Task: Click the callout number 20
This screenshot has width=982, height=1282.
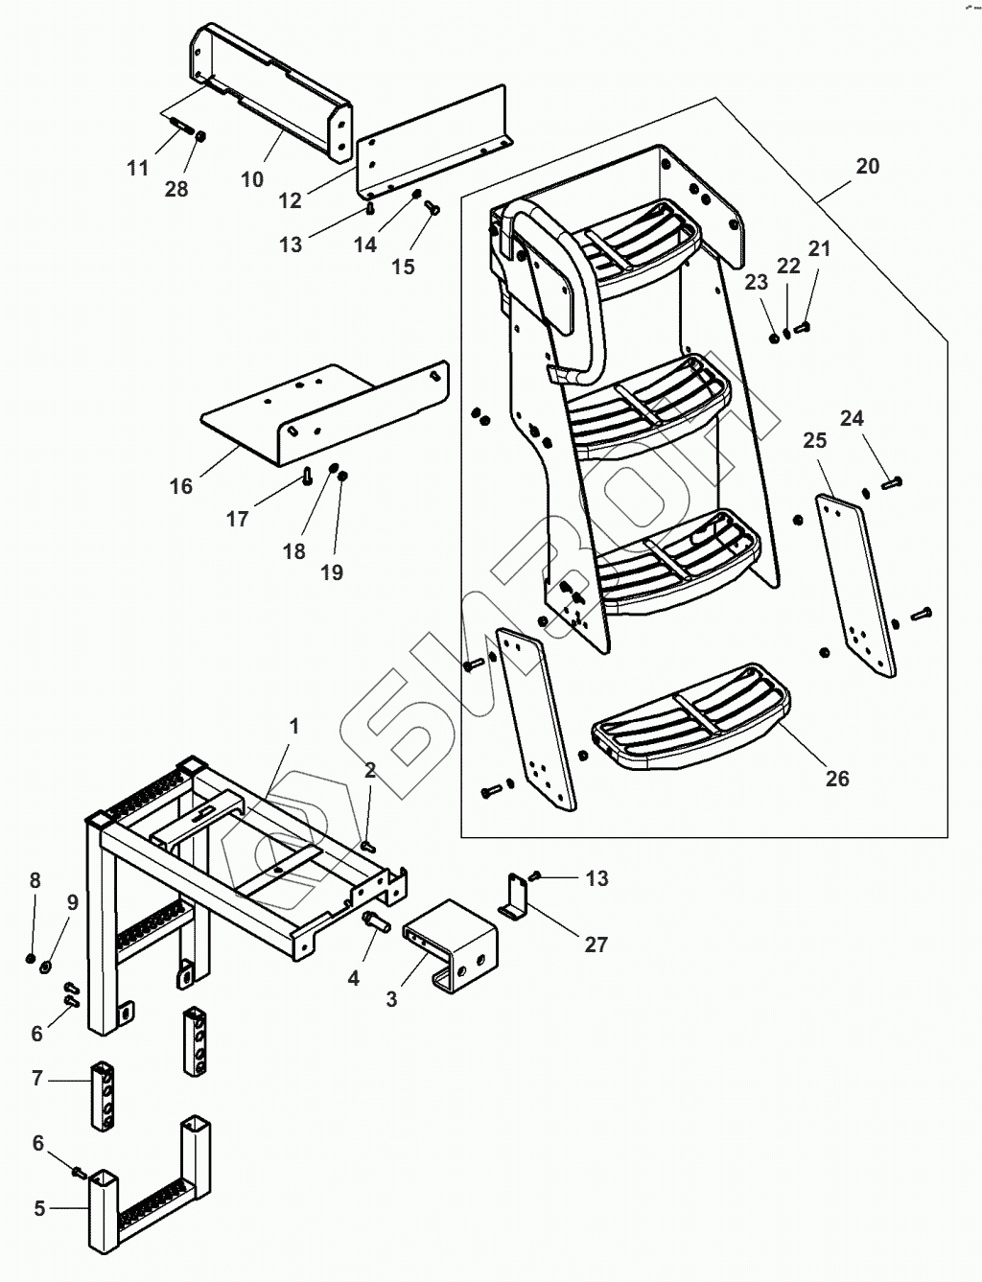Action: point(867,166)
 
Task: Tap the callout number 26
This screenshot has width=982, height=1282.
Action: point(837,778)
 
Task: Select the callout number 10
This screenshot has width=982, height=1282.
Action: point(252,179)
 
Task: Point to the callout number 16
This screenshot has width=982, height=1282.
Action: point(181,486)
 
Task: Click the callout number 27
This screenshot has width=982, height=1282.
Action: point(596,944)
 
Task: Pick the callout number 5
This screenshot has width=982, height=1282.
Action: point(39,1208)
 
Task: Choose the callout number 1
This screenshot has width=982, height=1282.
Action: point(294,727)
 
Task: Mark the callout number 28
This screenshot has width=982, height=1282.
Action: point(176,189)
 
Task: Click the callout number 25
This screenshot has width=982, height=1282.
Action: point(815,441)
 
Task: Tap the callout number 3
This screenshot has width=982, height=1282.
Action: point(391,998)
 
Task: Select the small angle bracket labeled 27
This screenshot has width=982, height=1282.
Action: point(516,899)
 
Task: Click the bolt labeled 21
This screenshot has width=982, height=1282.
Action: point(804,328)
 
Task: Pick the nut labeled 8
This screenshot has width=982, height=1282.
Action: point(32,958)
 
